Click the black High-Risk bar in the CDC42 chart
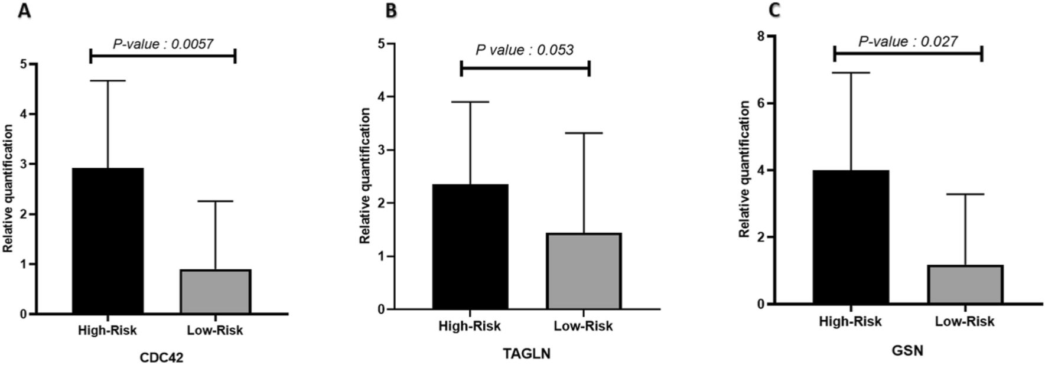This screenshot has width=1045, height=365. (108, 241)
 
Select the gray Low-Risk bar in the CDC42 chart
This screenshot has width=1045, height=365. (216, 292)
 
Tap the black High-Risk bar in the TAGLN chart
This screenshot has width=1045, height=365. (470, 247)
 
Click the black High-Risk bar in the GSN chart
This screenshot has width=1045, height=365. (851, 237)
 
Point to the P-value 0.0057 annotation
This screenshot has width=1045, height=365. (163, 43)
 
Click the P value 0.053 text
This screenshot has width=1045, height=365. (525, 50)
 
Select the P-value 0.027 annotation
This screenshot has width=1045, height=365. (908, 41)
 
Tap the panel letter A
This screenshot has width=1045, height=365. (24, 10)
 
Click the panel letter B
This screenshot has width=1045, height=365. (390, 10)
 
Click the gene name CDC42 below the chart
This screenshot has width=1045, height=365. (161, 358)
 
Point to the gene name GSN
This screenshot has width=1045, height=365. (907, 351)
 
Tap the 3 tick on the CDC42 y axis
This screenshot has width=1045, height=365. (23, 164)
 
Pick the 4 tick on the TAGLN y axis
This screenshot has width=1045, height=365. (383, 97)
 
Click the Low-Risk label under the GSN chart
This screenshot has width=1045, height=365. (965, 321)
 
